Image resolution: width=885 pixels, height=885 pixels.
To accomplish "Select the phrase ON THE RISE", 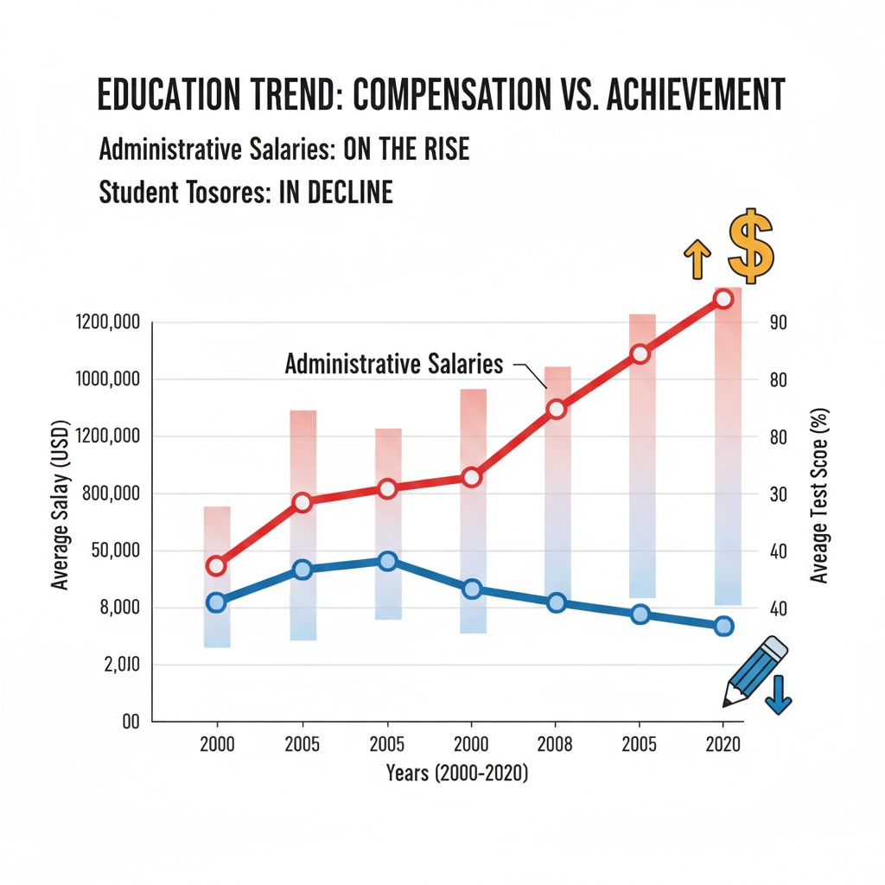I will [406, 150].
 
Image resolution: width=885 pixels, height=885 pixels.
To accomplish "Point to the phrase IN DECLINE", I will [335, 192].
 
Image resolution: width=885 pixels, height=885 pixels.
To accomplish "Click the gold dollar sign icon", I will [749, 246].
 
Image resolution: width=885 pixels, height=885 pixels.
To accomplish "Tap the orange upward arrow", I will [697, 259].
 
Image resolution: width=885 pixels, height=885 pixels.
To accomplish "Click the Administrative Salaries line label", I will [393, 364].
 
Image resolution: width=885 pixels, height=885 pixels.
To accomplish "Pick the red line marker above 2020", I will [723, 299].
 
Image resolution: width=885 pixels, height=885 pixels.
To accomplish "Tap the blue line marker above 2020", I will [724, 626].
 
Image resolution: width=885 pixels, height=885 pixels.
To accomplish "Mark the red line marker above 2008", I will [557, 409].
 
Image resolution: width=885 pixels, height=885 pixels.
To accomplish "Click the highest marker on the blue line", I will [387, 561].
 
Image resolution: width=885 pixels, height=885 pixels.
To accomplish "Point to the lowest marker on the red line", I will [216, 566].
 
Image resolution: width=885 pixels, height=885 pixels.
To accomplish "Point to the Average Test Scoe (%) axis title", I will [819, 495].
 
